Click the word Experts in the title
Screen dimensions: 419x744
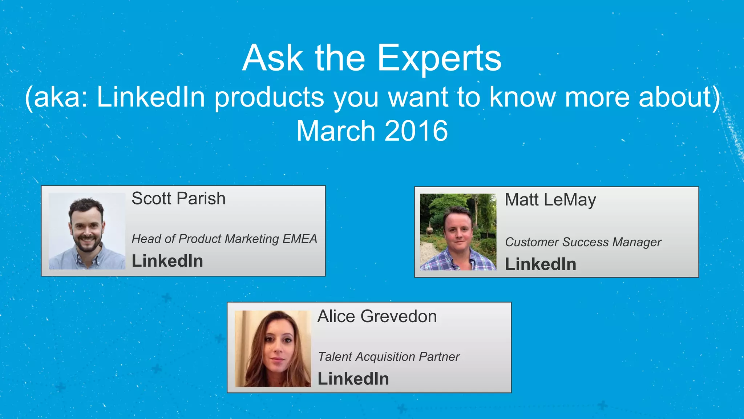coord(439,58)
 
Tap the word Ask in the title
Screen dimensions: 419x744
coord(273,58)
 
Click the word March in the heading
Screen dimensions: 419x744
coord(336,131)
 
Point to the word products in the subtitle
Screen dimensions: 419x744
coord(269,97)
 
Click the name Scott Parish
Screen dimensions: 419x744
coord(178,199)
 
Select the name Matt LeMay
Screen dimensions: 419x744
coord(550,200)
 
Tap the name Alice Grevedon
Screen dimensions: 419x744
coord(377,316)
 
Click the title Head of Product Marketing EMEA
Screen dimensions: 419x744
coord(224,239)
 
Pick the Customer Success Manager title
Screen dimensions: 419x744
coord(583,242)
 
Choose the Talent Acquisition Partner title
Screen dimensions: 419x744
coord(389,357)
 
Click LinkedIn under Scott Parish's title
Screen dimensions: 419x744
coord(167,261)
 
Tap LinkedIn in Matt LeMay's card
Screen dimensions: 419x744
coord(541,264)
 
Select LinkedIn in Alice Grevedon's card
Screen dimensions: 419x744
coord(353,379)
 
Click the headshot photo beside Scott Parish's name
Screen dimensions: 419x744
coord(87,231)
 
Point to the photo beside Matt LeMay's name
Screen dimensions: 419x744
coord(458,232)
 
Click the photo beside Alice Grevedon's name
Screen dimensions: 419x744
coord(273,348)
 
